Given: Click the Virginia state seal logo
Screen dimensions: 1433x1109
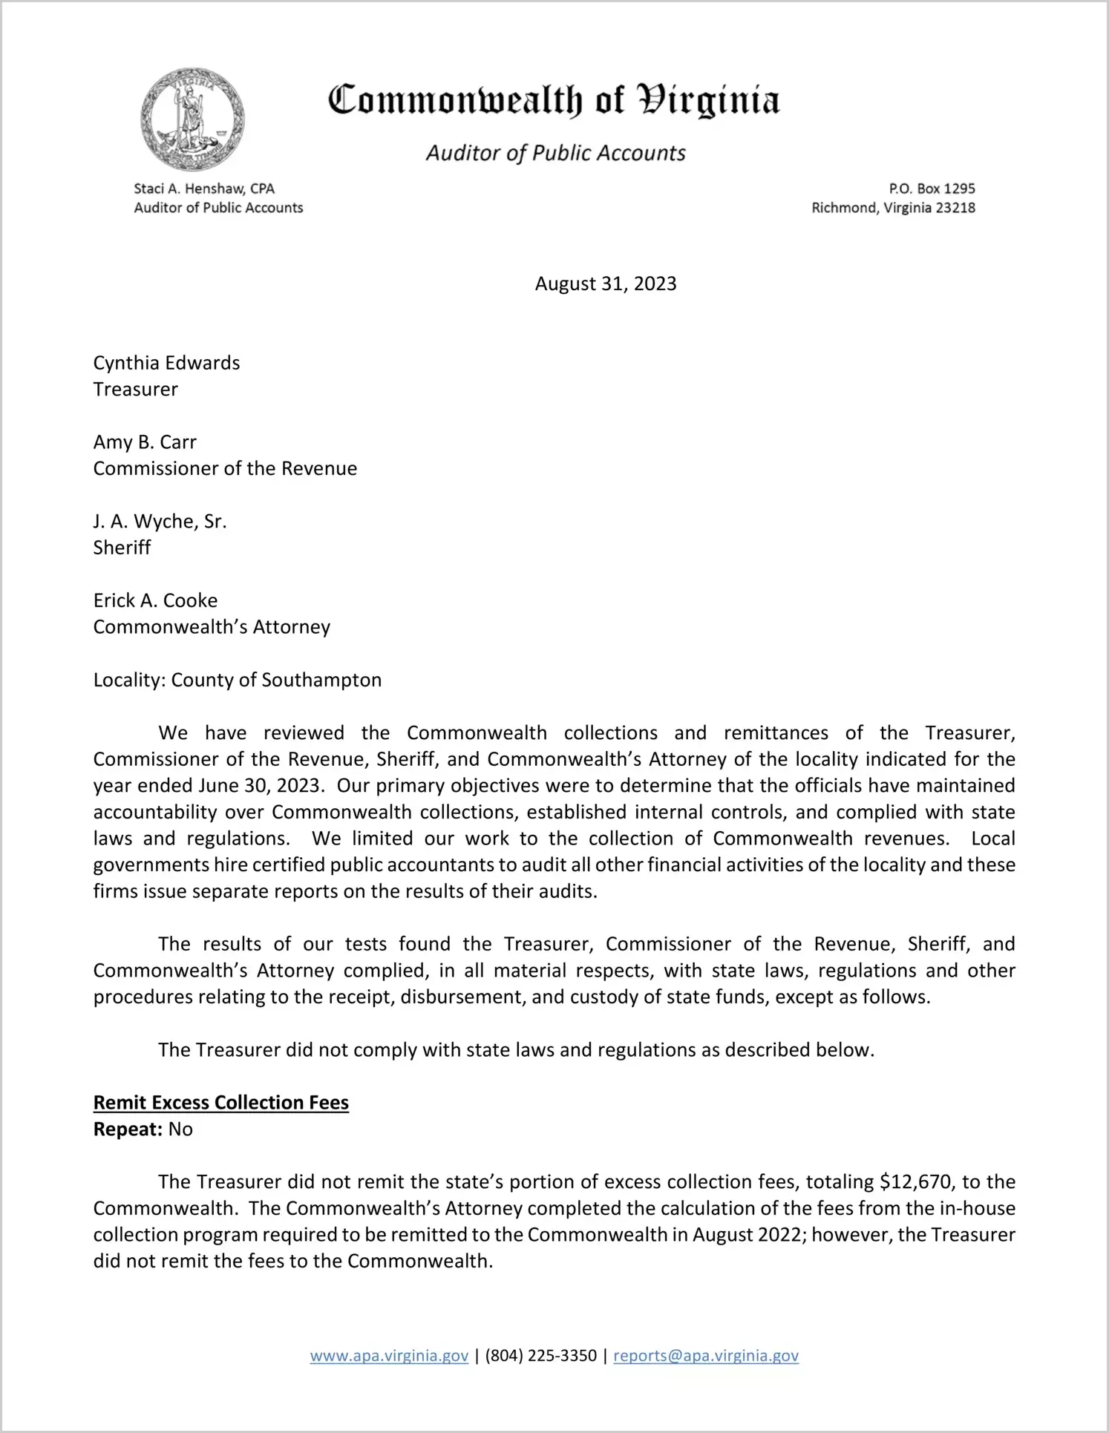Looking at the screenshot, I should point(192,119).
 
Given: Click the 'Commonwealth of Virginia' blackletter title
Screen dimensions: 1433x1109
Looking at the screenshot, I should point(554,100).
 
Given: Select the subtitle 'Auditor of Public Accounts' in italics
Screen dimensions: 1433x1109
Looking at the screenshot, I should point(555,153).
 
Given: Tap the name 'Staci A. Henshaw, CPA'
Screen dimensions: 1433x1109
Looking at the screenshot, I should point(204,188).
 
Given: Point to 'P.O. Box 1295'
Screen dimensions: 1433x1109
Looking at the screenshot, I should point(932,188).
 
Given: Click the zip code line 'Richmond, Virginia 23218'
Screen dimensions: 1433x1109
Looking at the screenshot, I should point(893,208).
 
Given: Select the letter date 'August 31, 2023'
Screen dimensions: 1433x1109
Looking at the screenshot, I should point(606,283).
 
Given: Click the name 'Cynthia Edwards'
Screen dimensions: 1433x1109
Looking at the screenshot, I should point(166,363).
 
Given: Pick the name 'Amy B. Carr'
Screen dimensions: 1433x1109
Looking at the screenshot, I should point(145,442).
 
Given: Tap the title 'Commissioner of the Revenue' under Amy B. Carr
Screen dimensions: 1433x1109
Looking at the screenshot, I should point(225,468).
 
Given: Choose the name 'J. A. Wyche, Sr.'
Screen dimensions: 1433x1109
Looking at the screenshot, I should point(160,522).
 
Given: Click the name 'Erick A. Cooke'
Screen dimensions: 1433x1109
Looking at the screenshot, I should point(155,600).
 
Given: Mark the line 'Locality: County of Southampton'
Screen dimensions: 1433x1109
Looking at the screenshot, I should point(238,680).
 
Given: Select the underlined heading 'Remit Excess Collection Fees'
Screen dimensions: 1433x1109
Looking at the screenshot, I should point(220,1103).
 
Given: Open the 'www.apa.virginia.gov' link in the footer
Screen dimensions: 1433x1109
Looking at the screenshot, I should point(389,1356).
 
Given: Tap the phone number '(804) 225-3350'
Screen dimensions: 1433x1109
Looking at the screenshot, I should point(541,1356).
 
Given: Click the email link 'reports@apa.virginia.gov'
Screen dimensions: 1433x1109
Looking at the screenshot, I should point(706,1356).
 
